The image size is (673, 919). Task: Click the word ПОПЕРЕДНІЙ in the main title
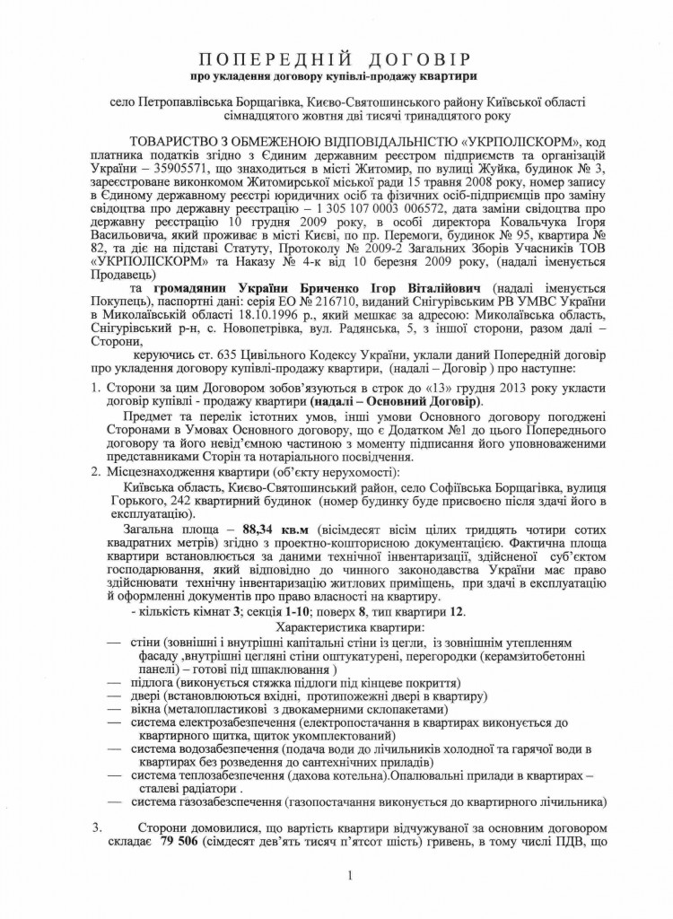click(x=270, y=61)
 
